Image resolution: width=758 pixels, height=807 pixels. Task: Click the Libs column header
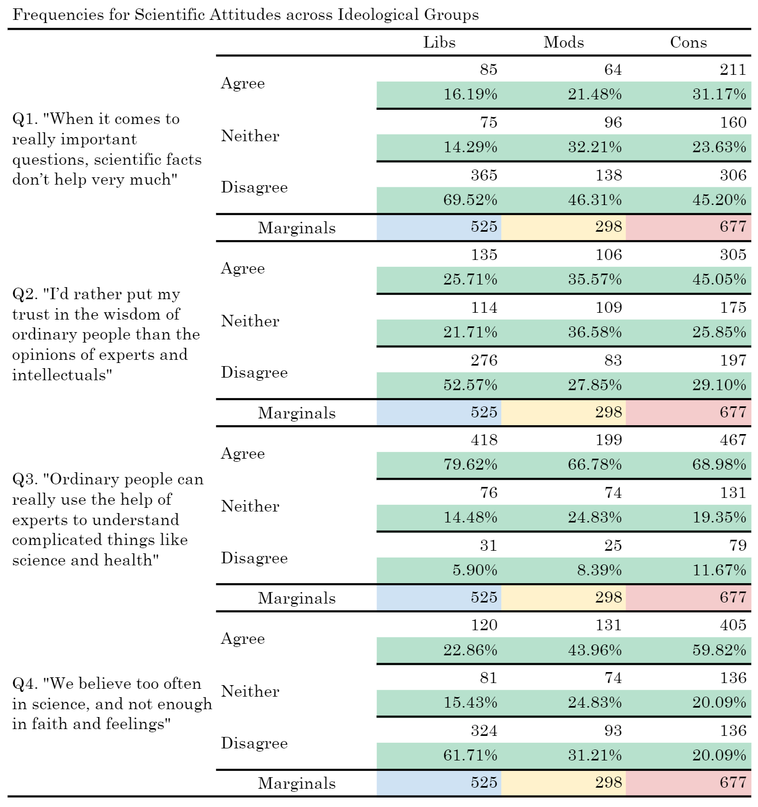click(x=439, y=42)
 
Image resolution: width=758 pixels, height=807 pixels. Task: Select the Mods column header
click(x=564, y=42)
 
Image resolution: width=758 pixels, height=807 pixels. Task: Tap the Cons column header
click(x=688, y=42)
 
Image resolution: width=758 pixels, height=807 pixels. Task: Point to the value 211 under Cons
click(x=733, y=70)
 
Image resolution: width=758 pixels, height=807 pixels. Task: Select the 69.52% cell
click(x=470, y=200)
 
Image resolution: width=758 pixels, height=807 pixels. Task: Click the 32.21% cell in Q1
click(x=595, y=147)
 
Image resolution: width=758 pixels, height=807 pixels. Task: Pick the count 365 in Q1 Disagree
click(x=484, y=175)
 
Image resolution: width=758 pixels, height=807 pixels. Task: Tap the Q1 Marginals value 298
click(x=608, y=226)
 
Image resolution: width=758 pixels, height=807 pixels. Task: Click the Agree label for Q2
click(x=243, y=268)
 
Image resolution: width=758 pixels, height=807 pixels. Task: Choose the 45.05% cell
click(x=719, y=279)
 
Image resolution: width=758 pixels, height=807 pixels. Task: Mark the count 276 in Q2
click(x=484, y=360)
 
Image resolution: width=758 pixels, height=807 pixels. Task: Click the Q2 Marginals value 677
click(x=733, y=412)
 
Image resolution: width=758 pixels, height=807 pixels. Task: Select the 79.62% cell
click(x=470, y=464)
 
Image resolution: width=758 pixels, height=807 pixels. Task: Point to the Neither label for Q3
click(x=250, y=506)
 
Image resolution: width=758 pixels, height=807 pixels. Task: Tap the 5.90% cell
click(x=475, y=570)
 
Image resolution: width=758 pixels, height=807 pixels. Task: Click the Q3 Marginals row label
click(x=297, y=598)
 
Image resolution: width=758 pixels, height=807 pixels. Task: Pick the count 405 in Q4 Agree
click(x=733, y=625)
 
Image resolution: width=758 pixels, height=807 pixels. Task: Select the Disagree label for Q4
click(x=254, y=743)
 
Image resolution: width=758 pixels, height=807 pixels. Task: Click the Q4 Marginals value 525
click(x=484, y=782)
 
